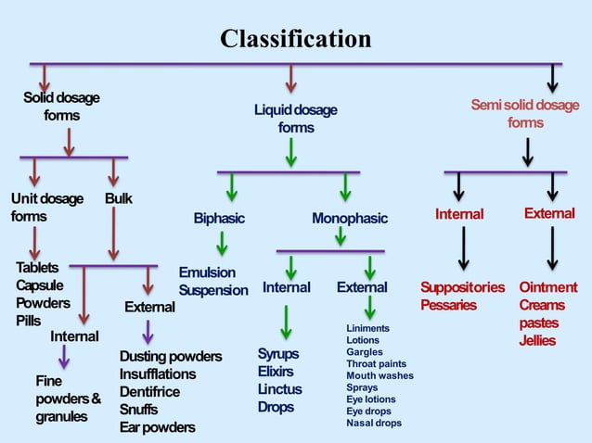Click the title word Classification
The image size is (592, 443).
[295, 39]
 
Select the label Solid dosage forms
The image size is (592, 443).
[61, 107]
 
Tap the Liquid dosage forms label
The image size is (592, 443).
[295, 119]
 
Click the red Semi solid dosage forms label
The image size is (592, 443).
[524, 114]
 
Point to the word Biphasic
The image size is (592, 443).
[219, 219]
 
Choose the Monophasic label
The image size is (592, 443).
[349, 219]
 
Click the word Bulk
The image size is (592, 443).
[118, 199]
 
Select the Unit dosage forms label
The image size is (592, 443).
[46, 208]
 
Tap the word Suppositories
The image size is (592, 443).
[462, 287]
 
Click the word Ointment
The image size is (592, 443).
[547, 287]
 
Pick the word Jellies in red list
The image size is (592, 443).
[537, 341]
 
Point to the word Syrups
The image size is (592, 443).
[277, 354]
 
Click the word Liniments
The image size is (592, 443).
[367, 329]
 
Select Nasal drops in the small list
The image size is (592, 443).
[374, 424]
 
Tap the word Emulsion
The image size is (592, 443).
[207, 272]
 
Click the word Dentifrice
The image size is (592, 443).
[150, 392]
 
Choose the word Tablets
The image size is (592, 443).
[37, 268]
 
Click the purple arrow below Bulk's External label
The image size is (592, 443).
[148, 331]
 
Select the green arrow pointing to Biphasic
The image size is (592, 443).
[231, 186]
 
